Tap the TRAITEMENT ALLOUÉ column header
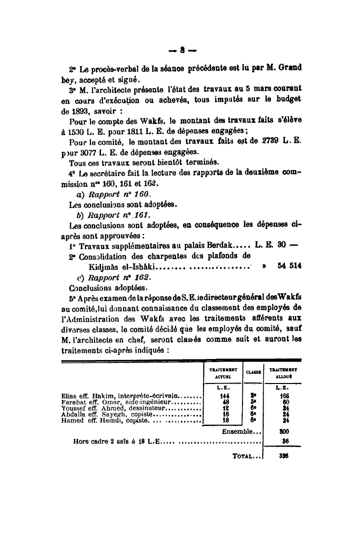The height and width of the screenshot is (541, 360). point(283,371)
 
